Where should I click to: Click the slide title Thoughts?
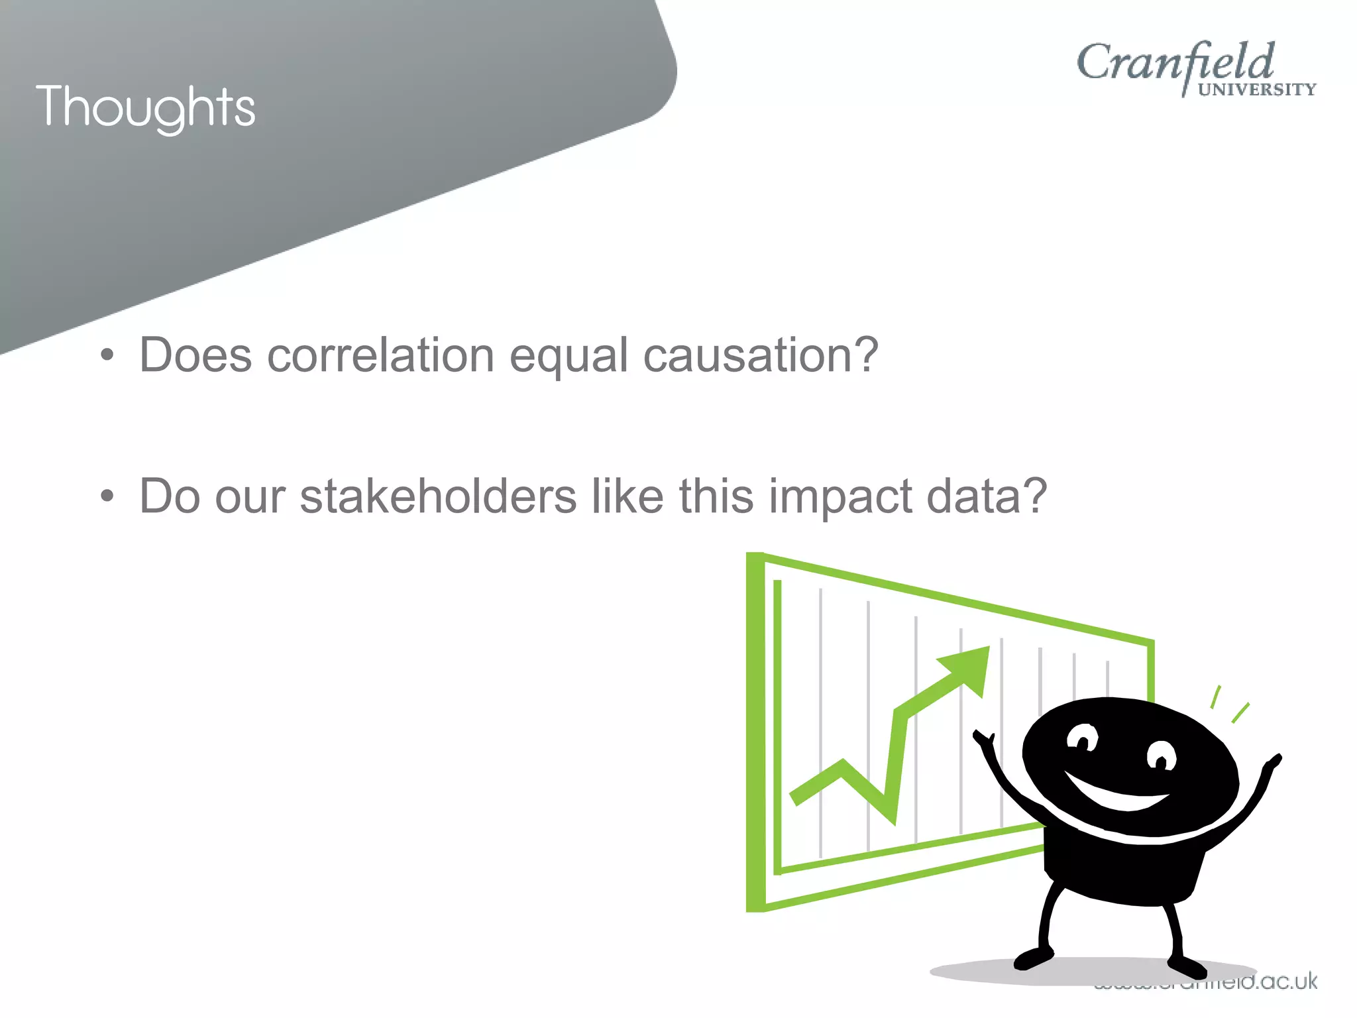(x=146, y=107)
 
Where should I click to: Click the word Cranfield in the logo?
(x=1175, y=63)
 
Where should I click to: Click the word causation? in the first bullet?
(x=761, y=355)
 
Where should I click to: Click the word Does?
(x=195, y=355)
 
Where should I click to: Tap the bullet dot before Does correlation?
(x=107, y=356)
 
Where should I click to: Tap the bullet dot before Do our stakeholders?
(x=107, y=496)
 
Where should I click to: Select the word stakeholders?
(x=438, y=496)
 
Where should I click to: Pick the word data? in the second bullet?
(x=987, y=496)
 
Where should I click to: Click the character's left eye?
(x=1083, y=738)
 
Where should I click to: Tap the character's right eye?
(x=1161, y=756)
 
